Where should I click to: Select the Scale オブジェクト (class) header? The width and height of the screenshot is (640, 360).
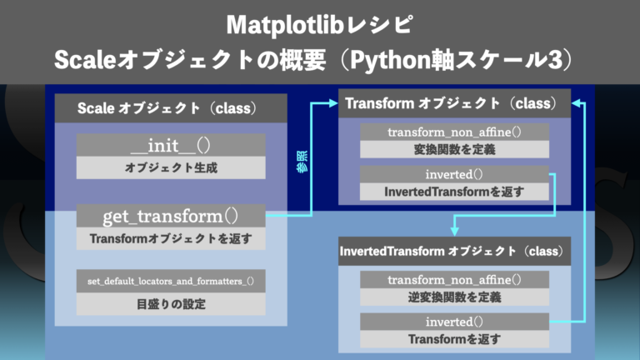tap(171, 108)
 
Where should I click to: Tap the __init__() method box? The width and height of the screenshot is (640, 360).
tap(171, 145)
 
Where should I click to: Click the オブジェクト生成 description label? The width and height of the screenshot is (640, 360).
tap(171, 167)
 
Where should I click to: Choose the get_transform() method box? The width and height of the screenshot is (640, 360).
tap(171, 217)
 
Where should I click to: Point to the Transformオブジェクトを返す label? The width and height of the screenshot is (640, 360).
tap(171, 238)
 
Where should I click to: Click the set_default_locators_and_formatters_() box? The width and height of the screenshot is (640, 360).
tap(171, 282)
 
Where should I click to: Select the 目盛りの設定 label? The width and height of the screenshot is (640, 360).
tap(171, 304)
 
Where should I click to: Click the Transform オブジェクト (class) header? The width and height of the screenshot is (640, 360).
tap(454, 104)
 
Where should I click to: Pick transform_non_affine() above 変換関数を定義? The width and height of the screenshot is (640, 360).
tap(454, 132)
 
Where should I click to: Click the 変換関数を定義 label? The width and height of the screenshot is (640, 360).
tap(454, 149)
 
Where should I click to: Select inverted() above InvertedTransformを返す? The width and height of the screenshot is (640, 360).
tap(454, 174)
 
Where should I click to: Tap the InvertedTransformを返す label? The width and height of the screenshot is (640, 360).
tap(454, 192)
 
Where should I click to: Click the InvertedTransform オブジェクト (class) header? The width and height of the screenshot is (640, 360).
tap(454, 251)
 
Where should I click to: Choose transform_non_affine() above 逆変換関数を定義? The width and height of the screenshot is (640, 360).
tap(454, 279)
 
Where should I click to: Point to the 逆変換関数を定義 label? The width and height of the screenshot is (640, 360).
tap(454, 297)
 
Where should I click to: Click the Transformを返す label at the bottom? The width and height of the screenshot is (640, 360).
tap(454, 339)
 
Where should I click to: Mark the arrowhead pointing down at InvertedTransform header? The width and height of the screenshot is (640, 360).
tap(454, 229)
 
